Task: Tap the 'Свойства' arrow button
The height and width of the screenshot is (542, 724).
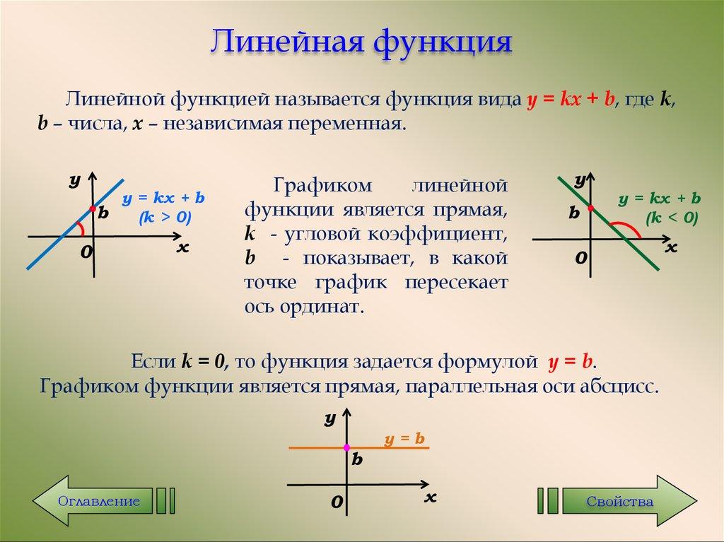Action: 619,501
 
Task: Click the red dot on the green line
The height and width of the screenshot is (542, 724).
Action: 590,208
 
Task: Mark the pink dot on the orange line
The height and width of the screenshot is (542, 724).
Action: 346,447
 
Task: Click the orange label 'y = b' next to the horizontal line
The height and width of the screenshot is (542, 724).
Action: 404,439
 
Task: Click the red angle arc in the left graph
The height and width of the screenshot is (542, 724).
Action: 81,228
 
